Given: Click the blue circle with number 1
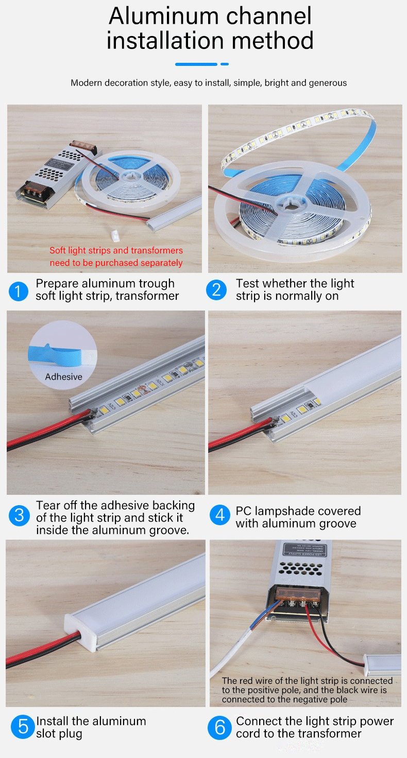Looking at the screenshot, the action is [x=18, y=291].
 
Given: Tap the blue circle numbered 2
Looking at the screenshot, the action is [x=216, y=290].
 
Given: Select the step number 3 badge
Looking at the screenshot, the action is [x=19, y=515].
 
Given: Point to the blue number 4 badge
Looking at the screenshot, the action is [x=220, y=515].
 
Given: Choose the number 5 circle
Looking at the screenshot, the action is [x=23, y=727].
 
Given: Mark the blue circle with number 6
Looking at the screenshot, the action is [x=220, y=727].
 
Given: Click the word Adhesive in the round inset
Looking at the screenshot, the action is [x=64, y=376].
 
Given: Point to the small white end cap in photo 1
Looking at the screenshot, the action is [x=115, y=235].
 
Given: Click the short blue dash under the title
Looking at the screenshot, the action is [x=225, y=64].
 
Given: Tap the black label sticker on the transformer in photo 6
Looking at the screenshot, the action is [x=305, y=549].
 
